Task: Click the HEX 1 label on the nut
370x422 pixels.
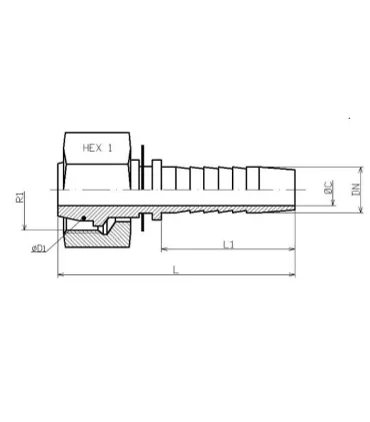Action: click(x=97, y=148)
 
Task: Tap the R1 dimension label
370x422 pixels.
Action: click(x=20, y=197)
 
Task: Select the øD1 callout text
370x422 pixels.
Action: click(x=39, y=248)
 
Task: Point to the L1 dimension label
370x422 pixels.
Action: click(x=228, y=244)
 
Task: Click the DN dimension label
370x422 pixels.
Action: click(x=356, y=190)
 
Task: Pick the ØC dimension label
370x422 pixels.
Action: click(x=329, y=187)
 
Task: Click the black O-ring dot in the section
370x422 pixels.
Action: click(x=84, y=218)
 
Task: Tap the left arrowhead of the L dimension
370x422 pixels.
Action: click(x=61, y=274)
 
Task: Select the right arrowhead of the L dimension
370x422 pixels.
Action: click(x=293, y=274)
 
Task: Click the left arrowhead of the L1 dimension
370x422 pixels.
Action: click(x=164, y=248)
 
